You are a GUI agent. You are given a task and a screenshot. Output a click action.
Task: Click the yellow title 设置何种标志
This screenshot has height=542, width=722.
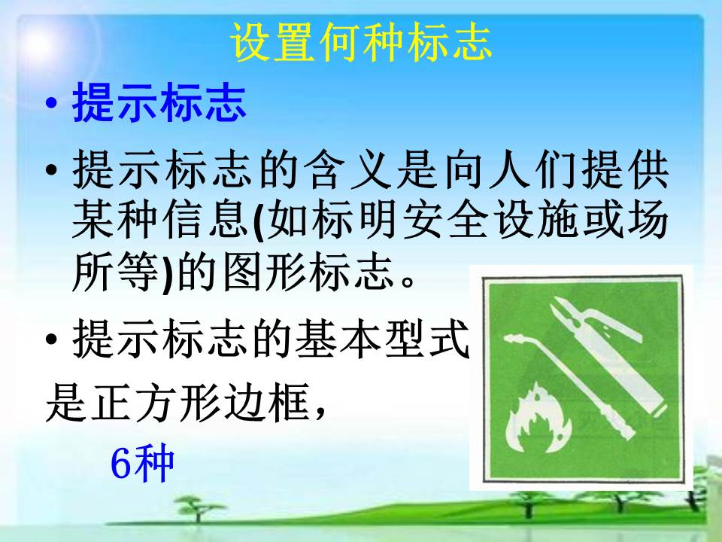(362, 42)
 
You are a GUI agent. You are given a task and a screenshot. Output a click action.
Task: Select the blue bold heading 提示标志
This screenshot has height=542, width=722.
(159, 102)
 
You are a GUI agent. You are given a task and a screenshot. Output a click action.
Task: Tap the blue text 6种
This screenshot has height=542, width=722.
(142, 463)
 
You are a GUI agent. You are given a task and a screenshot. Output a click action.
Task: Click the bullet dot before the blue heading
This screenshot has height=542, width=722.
(52, 103)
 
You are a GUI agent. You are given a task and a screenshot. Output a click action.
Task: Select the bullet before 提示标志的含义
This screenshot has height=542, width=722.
(52, 170)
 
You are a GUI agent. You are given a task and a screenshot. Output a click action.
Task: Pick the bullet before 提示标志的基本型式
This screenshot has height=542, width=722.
(52, 340)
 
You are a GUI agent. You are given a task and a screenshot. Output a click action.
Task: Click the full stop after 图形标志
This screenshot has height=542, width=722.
(408, 280)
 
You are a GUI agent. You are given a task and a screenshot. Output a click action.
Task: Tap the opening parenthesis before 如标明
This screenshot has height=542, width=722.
(259, 221)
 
